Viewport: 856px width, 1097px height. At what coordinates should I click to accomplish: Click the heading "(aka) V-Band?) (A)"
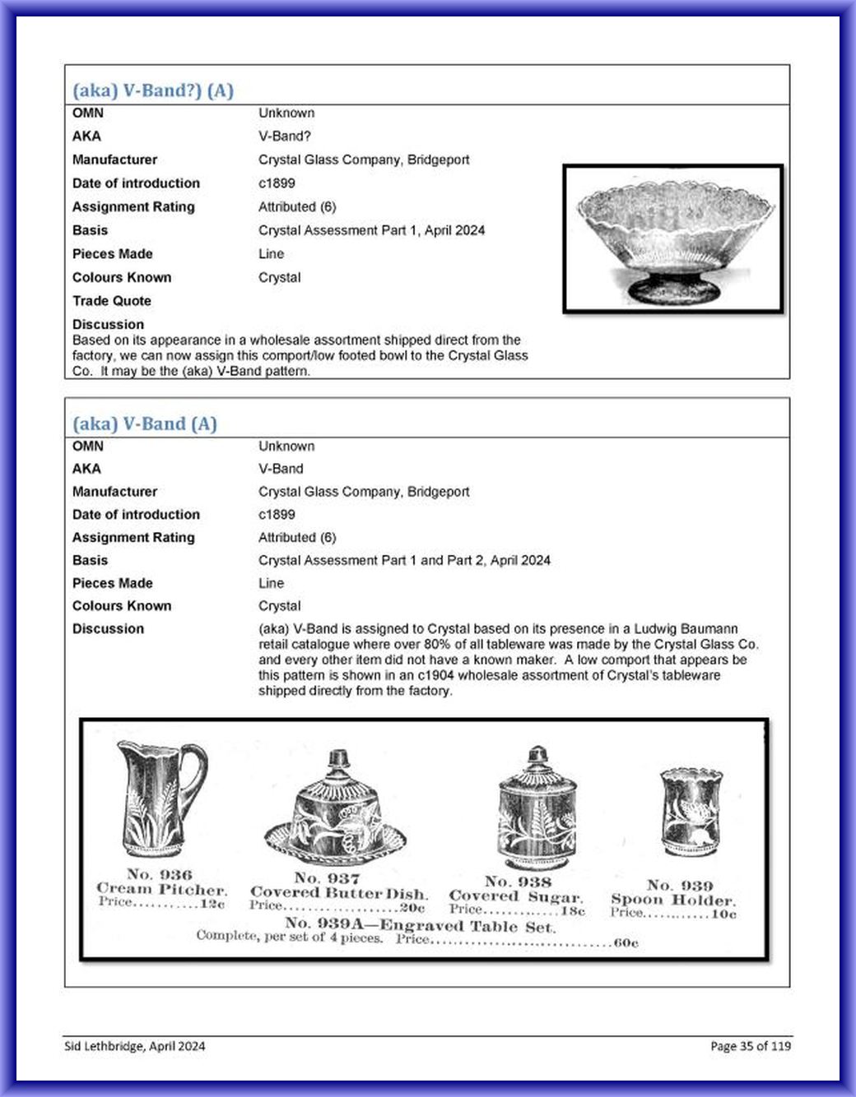pos(153,90)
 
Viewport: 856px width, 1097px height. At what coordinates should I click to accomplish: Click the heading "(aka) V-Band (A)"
pos(145,424)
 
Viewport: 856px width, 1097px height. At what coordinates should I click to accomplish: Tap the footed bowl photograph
pos(673,238)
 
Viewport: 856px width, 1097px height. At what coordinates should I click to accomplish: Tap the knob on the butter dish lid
pos(337,758)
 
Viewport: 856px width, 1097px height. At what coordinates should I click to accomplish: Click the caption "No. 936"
pos(159,874)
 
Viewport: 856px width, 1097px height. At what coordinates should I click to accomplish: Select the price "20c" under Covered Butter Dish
pos(412,908)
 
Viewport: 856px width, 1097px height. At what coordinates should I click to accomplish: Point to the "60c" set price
pos(626,942)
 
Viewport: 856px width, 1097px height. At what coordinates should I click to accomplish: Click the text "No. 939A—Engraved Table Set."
pos(420,925)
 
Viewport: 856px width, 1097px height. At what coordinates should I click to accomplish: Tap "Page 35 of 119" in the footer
pos(750,1046)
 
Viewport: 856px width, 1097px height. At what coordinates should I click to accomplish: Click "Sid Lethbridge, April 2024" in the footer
pos(135,1046)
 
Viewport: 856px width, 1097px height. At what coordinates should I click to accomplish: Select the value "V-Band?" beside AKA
pos(285,137)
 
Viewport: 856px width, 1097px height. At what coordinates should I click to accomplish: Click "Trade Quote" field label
pos(112,301)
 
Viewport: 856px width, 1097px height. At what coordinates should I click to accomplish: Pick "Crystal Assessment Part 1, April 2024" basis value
pos(371,230)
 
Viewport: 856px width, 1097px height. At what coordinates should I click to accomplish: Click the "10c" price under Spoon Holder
pos(723,914)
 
